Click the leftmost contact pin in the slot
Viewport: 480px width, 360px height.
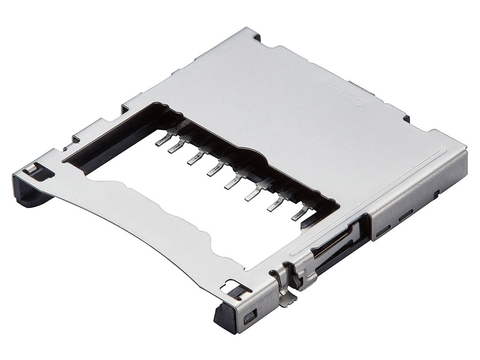coord(161,140)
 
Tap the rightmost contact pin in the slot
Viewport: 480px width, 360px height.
coord(298,212)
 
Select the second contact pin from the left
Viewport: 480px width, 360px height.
coord(177,148)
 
